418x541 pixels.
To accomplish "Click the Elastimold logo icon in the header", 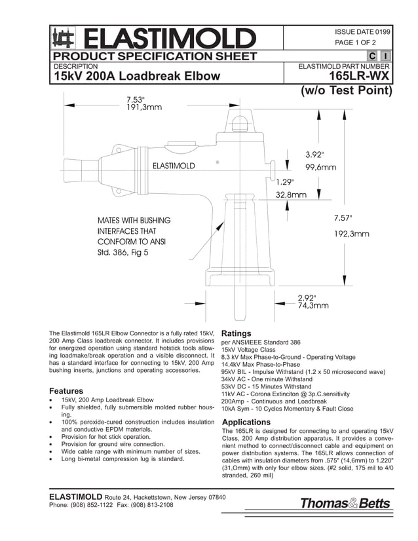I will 62,37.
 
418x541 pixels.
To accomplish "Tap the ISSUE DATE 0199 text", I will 362,31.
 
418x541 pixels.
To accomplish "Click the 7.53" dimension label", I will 136,100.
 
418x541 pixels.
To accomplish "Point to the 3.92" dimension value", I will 315,155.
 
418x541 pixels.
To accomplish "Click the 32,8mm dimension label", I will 291,195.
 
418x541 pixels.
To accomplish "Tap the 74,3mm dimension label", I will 313,305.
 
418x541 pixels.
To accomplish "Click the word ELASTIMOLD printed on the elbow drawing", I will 174,166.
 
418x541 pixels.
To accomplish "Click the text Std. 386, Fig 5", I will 123,252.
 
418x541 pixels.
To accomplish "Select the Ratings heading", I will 236,333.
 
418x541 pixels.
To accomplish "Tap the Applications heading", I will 250,422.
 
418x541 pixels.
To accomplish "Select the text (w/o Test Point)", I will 346,90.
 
